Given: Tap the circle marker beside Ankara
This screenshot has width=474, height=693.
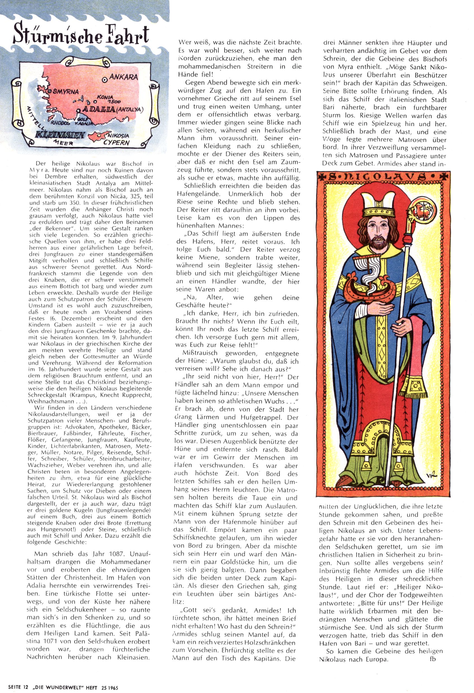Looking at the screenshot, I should pos(105,80).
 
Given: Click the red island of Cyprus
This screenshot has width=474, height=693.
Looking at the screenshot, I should pos(98,137).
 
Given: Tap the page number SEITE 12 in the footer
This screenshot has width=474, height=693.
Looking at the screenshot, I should pos(18,686).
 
